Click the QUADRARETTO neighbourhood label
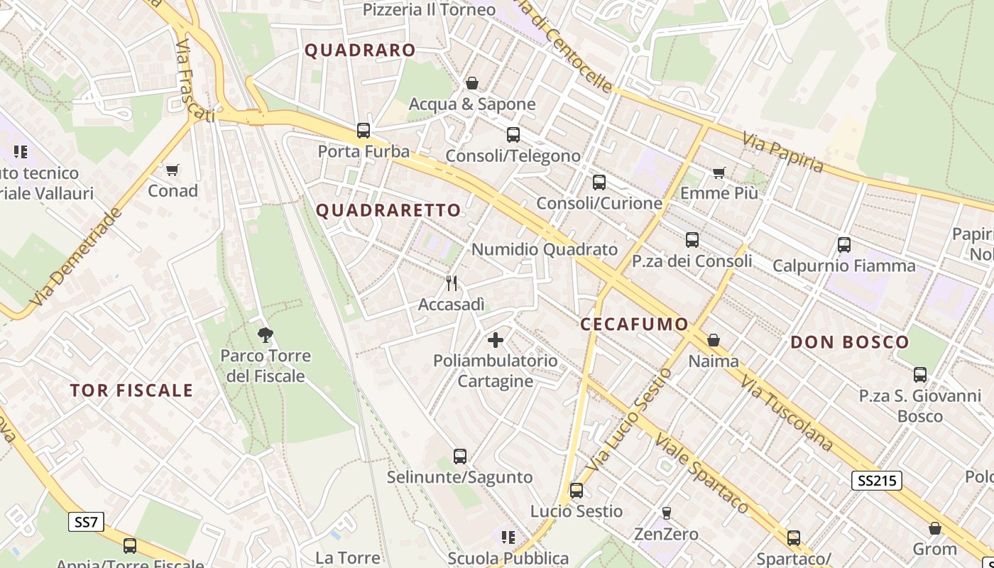click(x=388, y=210)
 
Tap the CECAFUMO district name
click(x=634, y=324)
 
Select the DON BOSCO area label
click(x=849, y=342)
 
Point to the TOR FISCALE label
click(x=131, y=390)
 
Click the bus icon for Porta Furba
click(x=364, y=131)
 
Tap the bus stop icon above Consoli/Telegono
click(x=513, y=135)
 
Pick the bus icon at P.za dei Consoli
click(x=692, y=240)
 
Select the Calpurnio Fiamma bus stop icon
click(x=843, y=245)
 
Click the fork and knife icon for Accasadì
click(x=452, y=283)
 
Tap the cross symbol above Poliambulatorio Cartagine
click(x=496, y=340)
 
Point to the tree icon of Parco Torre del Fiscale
click(x=266, y=334)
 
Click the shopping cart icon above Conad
click(x=173, y=170)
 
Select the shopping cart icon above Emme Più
click(x=719, y=172)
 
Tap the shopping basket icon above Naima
click(x=714, y=340)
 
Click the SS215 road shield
click(x=876, y=481)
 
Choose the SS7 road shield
click(x=86, y=522)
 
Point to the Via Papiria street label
click(x=784, y=152)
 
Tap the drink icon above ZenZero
click(x=666, y=513)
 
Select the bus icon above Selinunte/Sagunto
click(x=459, y=456)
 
